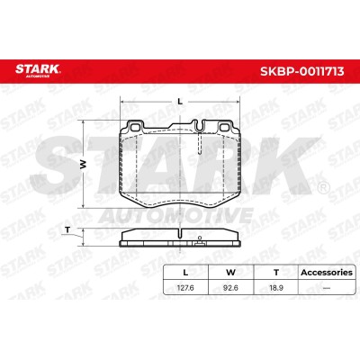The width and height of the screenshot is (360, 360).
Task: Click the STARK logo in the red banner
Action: tap(38, 70)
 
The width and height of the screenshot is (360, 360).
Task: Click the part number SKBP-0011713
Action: tap(301, 72)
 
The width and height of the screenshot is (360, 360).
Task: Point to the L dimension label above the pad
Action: tap(180, 102)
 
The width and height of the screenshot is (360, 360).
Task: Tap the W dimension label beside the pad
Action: tap(84, 164)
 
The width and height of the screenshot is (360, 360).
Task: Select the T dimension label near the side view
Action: tap(67, 230)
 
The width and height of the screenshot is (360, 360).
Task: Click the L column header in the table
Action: tap(185, 273)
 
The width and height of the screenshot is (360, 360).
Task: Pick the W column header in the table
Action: tap(230, 273)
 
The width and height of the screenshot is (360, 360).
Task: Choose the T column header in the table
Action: tap(276, 273)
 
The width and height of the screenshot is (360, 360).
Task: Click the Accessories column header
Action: tap(327, 273)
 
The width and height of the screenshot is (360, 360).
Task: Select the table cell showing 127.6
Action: tap(185, 288)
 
